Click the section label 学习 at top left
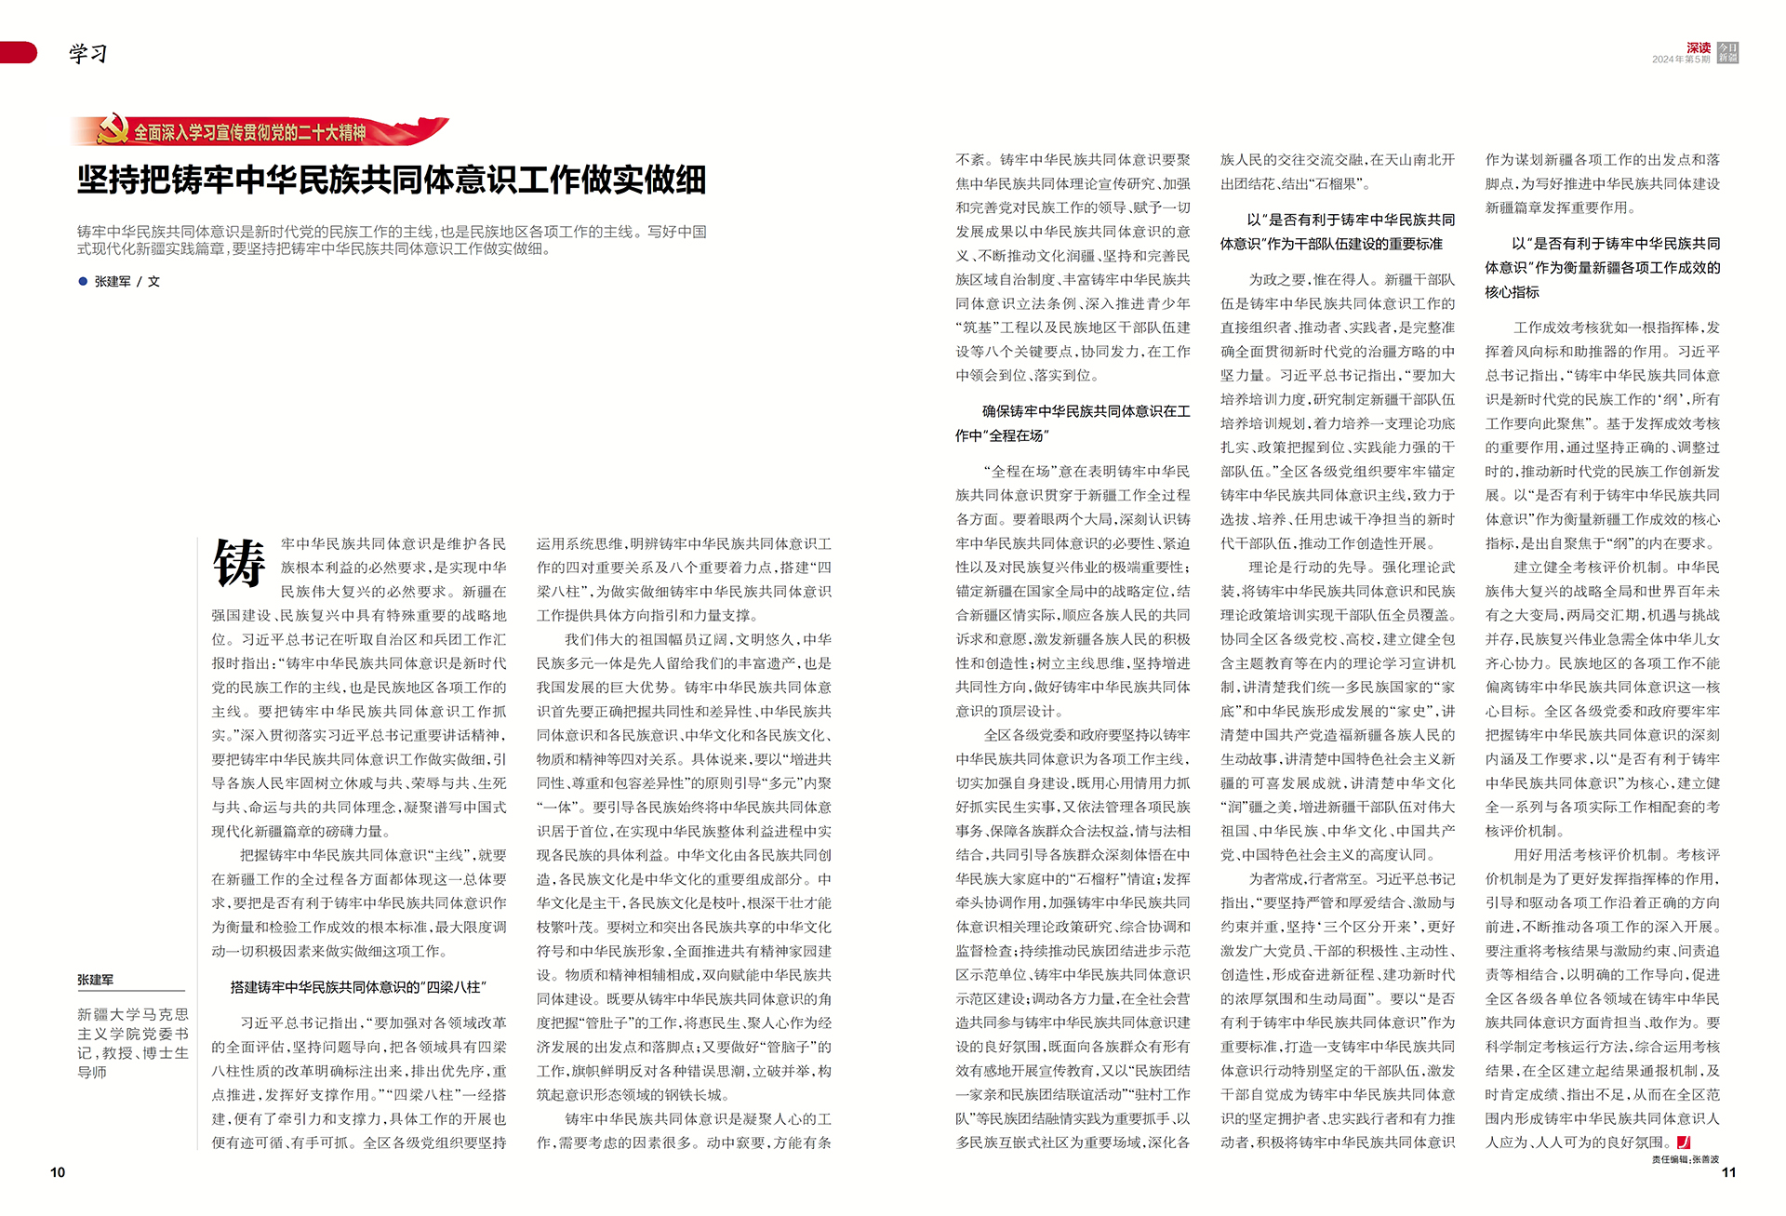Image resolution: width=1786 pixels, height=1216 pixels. point(88,54)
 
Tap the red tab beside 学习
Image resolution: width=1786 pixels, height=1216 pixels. point(18,53)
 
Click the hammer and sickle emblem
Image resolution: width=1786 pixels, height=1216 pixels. point(113,130)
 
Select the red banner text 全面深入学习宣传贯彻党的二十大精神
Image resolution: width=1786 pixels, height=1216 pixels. point(249,133)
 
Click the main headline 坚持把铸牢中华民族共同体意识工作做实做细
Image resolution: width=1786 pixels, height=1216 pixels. point(392,180)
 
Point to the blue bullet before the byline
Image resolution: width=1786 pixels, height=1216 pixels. point(83,281)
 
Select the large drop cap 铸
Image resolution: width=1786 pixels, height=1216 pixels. point(239,564)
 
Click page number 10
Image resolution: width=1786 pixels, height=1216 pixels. point(58,1172)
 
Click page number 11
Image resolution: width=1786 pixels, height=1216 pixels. point(1728,1172)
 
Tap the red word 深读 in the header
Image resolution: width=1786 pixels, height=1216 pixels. point(1699,47)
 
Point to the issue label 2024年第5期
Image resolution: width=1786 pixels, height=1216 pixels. point(1681,60)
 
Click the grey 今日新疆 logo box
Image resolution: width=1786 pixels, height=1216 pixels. point(1728,52)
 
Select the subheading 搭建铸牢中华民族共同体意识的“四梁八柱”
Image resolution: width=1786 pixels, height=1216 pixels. point(358,987)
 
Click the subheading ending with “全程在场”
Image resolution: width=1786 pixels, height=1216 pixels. point(1073,423)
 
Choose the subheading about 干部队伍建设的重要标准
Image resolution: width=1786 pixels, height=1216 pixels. point(1338,232)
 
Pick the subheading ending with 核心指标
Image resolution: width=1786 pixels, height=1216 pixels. point(1603,268)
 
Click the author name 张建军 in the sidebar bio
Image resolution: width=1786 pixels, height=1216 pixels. point(96,980)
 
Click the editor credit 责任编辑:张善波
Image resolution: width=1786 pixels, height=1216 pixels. point(1686,1159)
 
